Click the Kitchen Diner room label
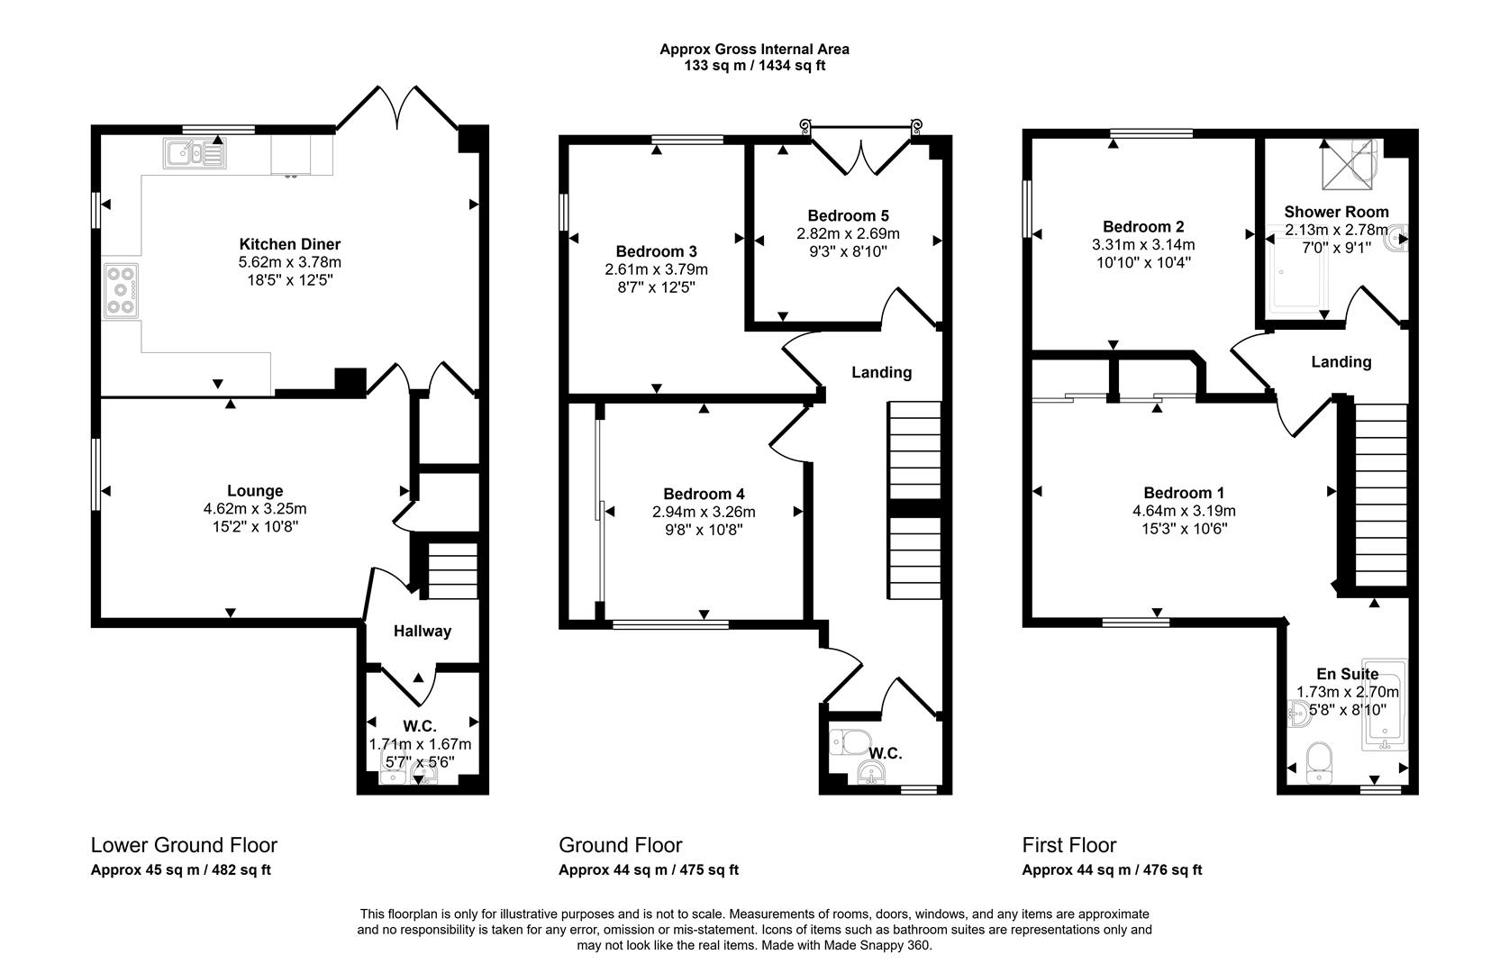tap(289, 244)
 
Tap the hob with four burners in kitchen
tap(122, 290)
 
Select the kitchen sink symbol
tap(194, 153)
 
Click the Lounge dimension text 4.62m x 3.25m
tap(255, 508)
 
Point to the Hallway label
tap(422, 632)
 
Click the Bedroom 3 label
tap(656, 251)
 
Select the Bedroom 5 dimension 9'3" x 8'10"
tap(848, 251)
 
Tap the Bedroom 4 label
tap(704, 494)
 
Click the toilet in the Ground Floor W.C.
tap(846, 741)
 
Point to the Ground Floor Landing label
tap(881, 372)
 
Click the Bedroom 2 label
tap(1143, 227)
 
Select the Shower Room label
tap(1336, 212)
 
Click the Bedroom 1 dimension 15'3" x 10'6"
tap(1184, 529)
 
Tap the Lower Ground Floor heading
tap(184, 845)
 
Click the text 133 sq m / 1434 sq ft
tap(754, 65)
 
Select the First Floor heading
tap(1068, 845)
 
